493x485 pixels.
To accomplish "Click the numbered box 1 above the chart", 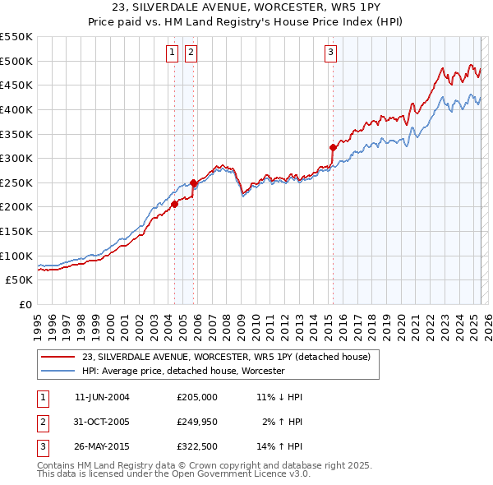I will click(x=173, y=53).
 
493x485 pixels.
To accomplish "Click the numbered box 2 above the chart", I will click(x=191, y=53).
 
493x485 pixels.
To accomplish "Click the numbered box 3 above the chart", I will click(x=330, y=53).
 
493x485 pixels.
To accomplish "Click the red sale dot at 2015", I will click(x=333, y=148).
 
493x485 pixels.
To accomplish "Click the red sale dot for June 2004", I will click(x=174, y=205).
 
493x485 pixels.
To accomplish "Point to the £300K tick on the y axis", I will click(x=18, y=158).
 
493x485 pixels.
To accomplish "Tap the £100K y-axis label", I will click(x=18, y=256).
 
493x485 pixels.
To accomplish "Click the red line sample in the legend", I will click(x=58, y=357).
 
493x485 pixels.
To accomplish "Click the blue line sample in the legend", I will click(x=58, y=371).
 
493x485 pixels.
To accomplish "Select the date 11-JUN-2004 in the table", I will click(x=102, y=397).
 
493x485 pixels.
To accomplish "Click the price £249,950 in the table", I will click(x=197, y=423).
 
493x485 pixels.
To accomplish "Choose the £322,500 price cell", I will click(x=197, y=448).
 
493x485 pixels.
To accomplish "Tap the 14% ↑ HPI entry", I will click(x=280, y=448).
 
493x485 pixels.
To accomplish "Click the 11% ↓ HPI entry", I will click(x=280, y=397).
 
